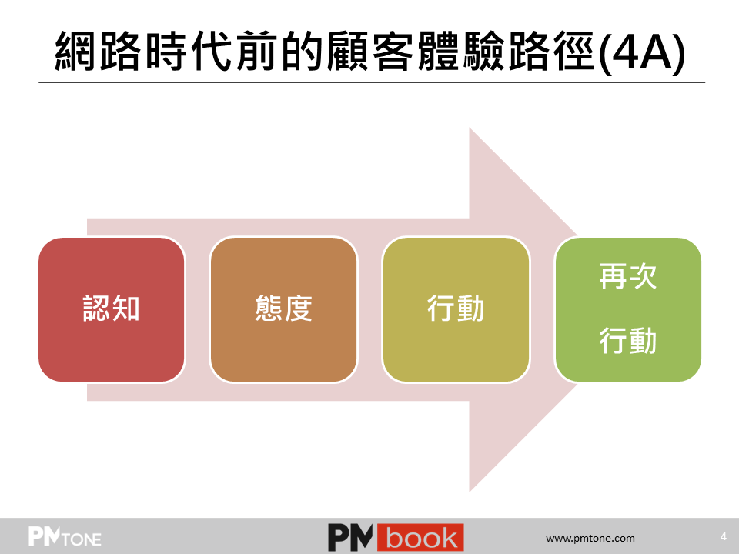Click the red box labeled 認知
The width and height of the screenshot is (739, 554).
[111, 309]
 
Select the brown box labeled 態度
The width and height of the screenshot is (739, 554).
[284, 309]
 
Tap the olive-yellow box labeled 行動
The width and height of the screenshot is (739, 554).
[456, 309]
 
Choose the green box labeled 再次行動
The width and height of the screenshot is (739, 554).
[628, 309]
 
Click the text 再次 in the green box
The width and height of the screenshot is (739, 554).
[628, 276]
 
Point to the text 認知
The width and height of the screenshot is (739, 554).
[111, 309]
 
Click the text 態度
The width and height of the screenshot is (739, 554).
[284, 309]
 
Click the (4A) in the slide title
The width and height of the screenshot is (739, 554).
[642, 52]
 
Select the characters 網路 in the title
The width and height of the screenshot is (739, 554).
[98, 52]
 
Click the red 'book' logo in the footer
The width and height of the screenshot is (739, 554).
[420, 538]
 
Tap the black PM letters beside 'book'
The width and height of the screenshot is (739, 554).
[351, 538]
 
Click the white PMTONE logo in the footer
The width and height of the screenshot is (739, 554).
[65, 536]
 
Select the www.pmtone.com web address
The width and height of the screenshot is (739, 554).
[590, 538]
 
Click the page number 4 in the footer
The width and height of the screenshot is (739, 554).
[724, 536]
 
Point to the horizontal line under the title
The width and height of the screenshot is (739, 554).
[372, 83]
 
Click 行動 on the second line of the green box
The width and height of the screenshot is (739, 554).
[628, 341]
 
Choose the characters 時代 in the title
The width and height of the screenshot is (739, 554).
[189, 52]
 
